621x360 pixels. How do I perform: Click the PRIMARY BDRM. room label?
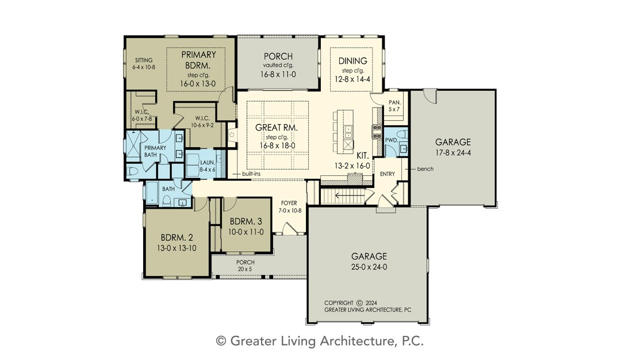[x=198, y=60]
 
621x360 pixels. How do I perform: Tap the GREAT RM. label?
[x=277, y=128]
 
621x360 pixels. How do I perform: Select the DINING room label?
[x=352, y=61]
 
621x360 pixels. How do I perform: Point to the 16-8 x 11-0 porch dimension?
[x=278, y=74]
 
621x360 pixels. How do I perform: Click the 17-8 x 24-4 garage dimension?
[x=453, y=153]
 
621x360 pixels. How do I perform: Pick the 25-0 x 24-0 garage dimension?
[x=369, y=267]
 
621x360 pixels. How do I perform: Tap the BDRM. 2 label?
[x=177, y=238]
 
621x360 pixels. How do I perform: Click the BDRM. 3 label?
[x=246, y=221]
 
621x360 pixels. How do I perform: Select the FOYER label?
[x=289, y=203]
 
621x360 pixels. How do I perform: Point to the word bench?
[x=425, y=168]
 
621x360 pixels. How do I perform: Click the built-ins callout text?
[x=251, y=174]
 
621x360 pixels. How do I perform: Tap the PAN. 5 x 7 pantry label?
[x=394, y=106]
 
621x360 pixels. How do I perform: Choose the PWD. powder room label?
[x=392, y=140]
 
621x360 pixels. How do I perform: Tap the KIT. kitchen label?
[x=362, y=156]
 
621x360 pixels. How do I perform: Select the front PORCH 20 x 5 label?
[x=245, y=265]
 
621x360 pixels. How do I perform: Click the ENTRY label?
[x=388, y=174]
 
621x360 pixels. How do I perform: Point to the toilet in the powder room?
[x=402, y=133]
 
